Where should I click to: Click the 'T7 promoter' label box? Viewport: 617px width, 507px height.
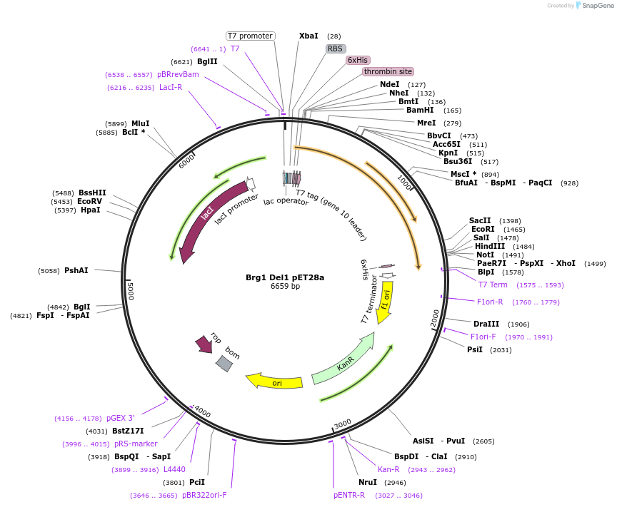[x=251, y=36]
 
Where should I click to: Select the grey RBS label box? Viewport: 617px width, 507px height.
[x=336, y=48]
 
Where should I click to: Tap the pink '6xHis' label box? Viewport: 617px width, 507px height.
[x=358, y=60]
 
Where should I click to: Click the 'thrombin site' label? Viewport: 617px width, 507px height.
[x=388, y=71]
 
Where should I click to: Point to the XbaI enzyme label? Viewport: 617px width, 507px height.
[x=308, y=36]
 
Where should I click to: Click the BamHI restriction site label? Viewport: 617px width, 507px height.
[x=420, y=111]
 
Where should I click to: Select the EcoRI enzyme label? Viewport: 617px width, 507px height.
[x=483, y=229]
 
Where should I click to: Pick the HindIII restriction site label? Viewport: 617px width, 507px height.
[x=490, y=246]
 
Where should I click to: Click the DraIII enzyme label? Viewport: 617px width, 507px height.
[x=486, y=324]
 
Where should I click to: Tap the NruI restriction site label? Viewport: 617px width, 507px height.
[x=368, y=482]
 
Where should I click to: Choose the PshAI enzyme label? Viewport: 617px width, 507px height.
[x=76, y=270]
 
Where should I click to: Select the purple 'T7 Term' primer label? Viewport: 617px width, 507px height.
[x=493, y=285]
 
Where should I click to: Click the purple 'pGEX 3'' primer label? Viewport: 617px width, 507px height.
[x=121, y=418]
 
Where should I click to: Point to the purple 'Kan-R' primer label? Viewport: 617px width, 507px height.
[x=388, y=469]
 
